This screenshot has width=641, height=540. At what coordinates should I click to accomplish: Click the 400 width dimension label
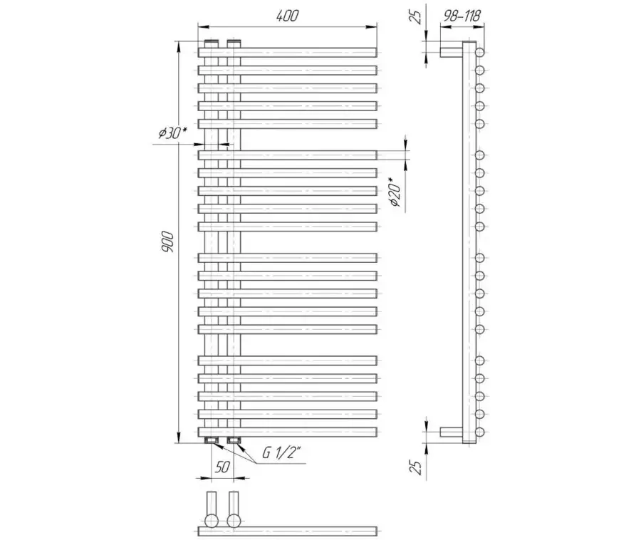point(288,16)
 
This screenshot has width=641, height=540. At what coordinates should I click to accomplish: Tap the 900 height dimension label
point(167,242)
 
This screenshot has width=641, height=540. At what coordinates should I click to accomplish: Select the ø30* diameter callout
point(172,133)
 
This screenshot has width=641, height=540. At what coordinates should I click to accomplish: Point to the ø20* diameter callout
point(395,192)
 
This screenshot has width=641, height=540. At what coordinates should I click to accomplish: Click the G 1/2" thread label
point(281,453)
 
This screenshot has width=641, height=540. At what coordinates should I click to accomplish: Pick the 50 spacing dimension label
point(222,467)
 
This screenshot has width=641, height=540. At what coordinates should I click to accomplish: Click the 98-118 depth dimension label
point(462,16)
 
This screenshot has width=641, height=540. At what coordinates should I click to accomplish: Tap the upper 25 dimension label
point(416,17)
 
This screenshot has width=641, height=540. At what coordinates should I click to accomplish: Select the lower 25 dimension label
point(416,467)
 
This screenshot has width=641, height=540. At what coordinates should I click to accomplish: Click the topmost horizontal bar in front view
point(288,52)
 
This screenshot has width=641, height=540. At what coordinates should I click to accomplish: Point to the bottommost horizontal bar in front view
point(288,432)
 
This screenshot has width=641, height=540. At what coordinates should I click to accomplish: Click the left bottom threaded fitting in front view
point(211,440)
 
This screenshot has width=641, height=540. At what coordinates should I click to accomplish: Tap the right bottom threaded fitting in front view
point(234,440)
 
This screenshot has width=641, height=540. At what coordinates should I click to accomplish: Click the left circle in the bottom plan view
point(212,521)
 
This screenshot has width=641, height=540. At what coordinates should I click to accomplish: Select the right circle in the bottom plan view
point(234,521)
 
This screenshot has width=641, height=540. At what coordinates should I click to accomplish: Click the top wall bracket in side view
point(451,52)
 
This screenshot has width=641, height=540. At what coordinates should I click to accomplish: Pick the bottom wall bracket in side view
point(451,432)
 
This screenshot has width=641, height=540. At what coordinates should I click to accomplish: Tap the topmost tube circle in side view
point(480,52)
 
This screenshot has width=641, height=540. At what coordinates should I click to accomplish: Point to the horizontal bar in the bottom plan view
point(288,531)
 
